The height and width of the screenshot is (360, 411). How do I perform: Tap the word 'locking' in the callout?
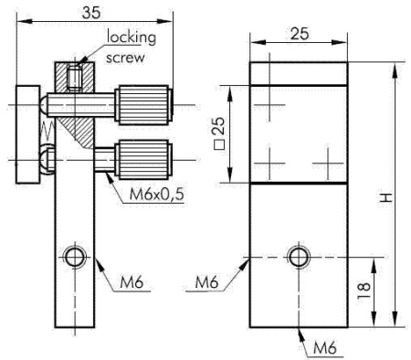pos(132,37)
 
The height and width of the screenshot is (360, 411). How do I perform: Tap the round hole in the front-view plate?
pos(298,255)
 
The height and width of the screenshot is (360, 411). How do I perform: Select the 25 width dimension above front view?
pos(297,33)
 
